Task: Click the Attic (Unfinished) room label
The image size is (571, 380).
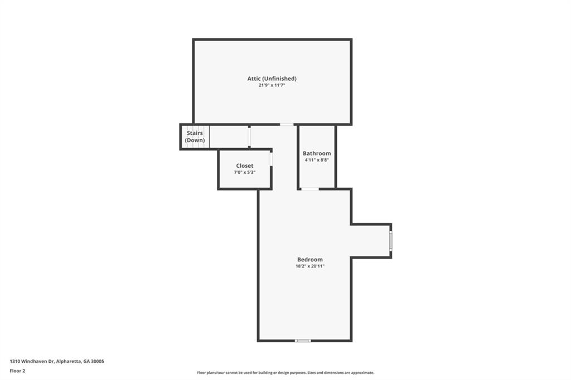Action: click(272, 78)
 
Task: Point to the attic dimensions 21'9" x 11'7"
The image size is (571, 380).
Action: click(272, 85)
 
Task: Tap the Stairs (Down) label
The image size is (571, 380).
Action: click(195, 137)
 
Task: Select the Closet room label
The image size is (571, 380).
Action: click(245, 165)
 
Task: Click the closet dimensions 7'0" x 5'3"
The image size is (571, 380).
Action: click(245, 172)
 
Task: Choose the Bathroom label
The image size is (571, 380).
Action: click(317, 153)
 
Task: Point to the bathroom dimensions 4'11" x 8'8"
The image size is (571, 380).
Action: click(317, 160)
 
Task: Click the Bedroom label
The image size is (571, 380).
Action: click(310, 260)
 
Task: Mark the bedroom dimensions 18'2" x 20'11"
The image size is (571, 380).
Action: click(310, 266)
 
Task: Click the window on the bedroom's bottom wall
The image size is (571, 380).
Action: click(303, 340)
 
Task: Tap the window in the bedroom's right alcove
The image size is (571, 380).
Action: click(390, 241)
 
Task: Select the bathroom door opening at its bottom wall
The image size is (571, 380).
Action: click(310, 189)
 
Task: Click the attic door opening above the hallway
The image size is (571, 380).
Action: click(287, 124)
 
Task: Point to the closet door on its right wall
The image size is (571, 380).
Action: click(272, 159)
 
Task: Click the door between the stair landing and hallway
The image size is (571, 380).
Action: click(249, 137)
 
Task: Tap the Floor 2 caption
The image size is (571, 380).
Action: click(17, 371)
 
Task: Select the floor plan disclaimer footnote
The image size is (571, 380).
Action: click(285, 373)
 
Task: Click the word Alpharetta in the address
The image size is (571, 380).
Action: click(69, 362)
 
